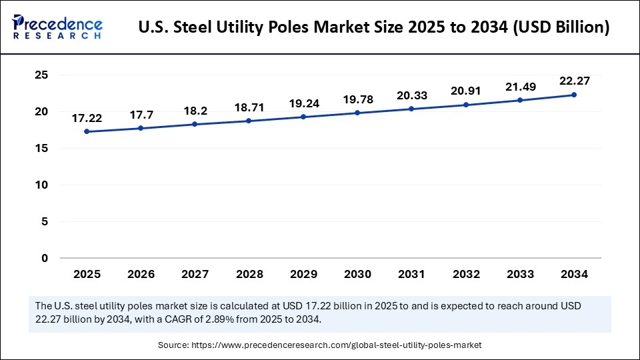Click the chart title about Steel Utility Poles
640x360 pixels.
coord(373,28)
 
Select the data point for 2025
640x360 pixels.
coord(87,131)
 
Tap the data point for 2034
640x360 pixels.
coord(574,95)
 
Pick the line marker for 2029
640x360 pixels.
coord(303,117)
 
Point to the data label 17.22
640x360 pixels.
coord(87,118)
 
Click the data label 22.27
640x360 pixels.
coord(574,81)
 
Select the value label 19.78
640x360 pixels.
coord(357,99)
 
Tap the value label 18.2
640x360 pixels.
coord(195,111)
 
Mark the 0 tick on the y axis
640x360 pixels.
coord(45,258)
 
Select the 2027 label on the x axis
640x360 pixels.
coord(195,274)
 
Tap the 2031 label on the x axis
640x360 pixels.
coord(411,274)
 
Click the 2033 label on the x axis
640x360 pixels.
coord(520,274)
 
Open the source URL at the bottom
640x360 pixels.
coord(336,345)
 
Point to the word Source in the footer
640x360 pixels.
coord(172,345)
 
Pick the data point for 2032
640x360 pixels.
coord(465,105)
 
